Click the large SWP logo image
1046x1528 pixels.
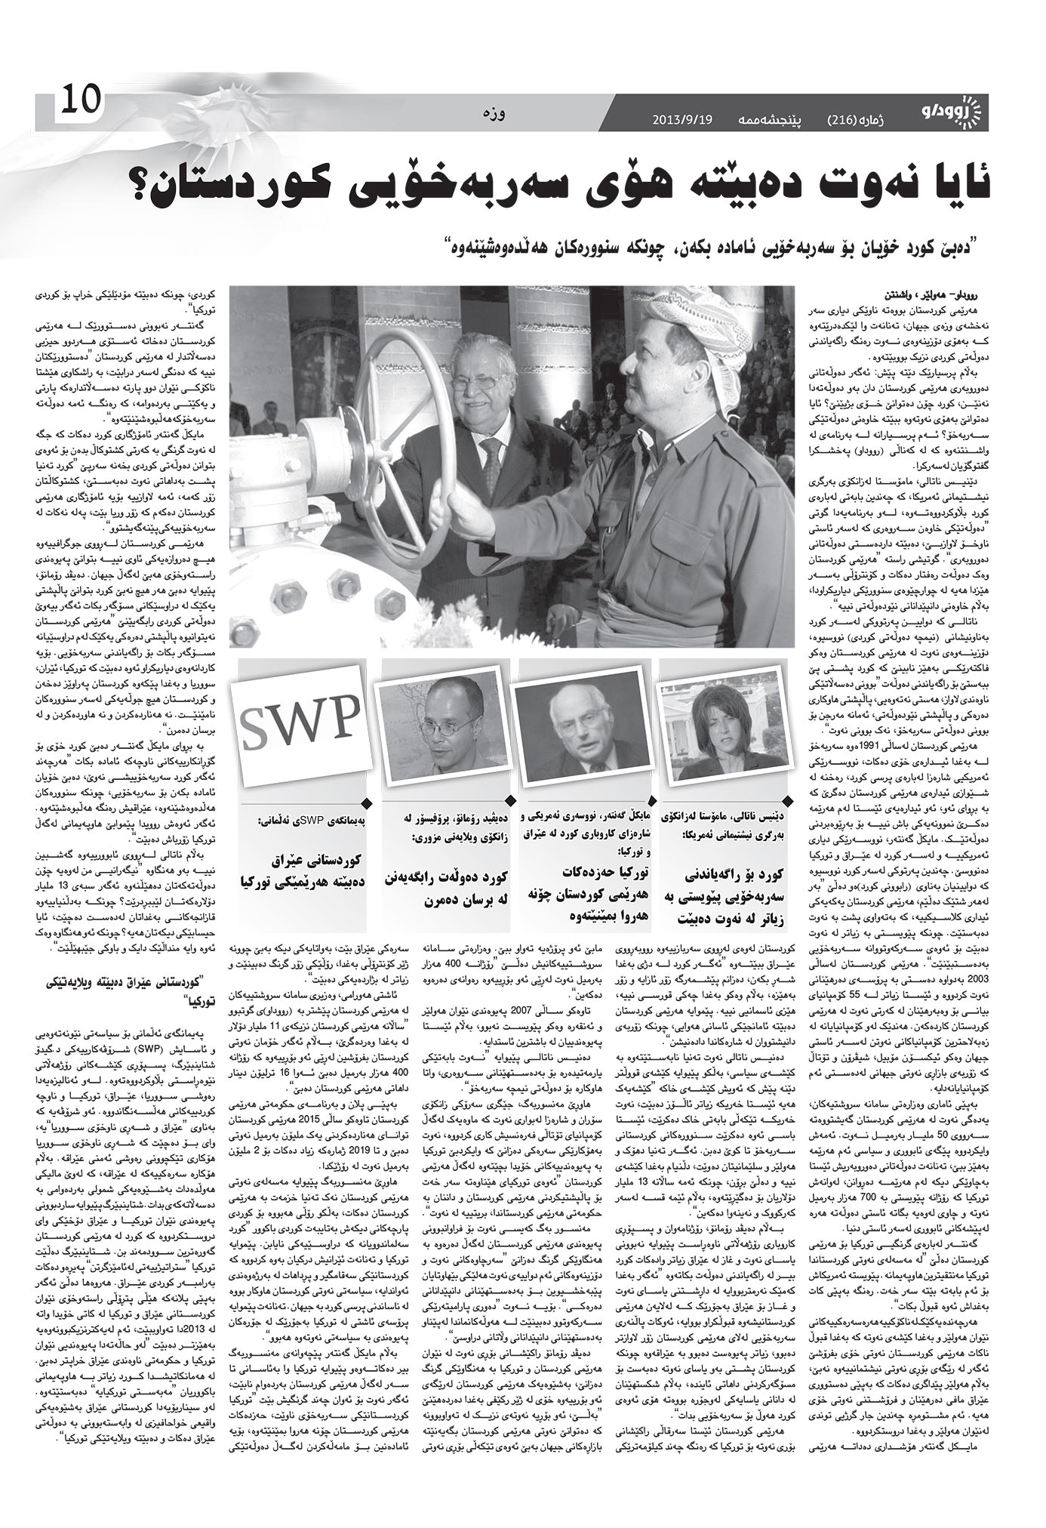(x=300, y=716)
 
